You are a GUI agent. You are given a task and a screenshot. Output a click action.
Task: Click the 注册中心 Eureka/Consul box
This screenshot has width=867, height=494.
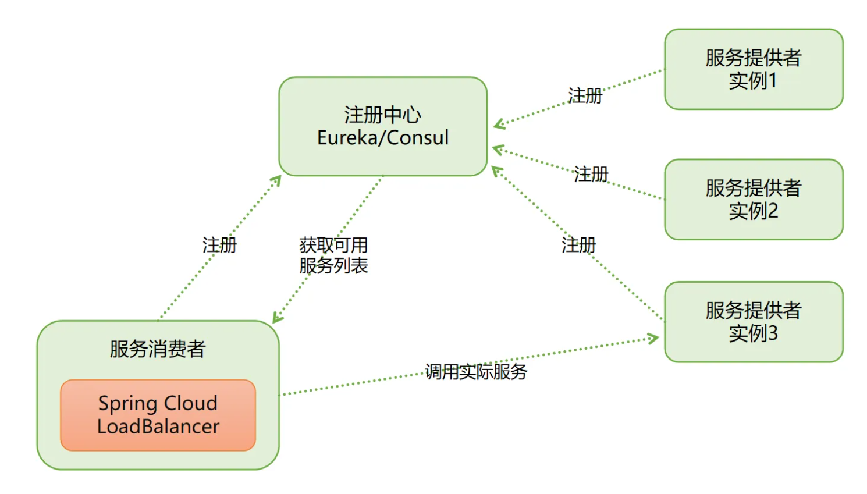382,126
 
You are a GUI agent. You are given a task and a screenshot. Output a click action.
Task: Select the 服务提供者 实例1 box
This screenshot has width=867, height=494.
754,69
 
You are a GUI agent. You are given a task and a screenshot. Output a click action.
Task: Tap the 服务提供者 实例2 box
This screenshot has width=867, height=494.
754,199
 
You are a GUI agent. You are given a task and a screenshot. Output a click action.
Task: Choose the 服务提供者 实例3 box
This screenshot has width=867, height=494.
754,322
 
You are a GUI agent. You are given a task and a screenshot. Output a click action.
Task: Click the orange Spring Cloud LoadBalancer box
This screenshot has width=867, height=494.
158,415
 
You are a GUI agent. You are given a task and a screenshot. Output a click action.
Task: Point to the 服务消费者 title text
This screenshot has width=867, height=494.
158,349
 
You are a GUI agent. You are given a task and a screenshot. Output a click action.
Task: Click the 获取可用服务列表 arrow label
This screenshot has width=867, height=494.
333,255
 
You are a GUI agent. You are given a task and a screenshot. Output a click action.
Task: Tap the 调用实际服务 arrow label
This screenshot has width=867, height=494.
476,371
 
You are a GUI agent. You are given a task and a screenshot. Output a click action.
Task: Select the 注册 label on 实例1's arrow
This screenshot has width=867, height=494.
585,95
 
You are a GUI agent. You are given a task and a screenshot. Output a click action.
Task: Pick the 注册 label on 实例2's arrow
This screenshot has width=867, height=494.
591,174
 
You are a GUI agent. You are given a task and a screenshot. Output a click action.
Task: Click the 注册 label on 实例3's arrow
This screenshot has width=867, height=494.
578,245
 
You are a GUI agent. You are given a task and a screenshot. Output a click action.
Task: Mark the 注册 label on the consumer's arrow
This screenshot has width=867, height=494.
219,245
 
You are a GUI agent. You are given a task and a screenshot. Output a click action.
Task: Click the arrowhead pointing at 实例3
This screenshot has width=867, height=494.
654,338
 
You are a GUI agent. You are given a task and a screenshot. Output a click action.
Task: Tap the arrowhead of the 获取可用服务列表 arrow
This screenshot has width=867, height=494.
277,317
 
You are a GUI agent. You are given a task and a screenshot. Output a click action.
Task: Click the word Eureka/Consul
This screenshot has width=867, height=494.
382,138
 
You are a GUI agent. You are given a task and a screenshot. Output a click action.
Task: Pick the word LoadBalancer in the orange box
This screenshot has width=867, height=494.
158,427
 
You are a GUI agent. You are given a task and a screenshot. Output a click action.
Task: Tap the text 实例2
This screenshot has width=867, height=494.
754,211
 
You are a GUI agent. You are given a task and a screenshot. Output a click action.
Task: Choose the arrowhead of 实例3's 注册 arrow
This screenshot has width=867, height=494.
496,170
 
